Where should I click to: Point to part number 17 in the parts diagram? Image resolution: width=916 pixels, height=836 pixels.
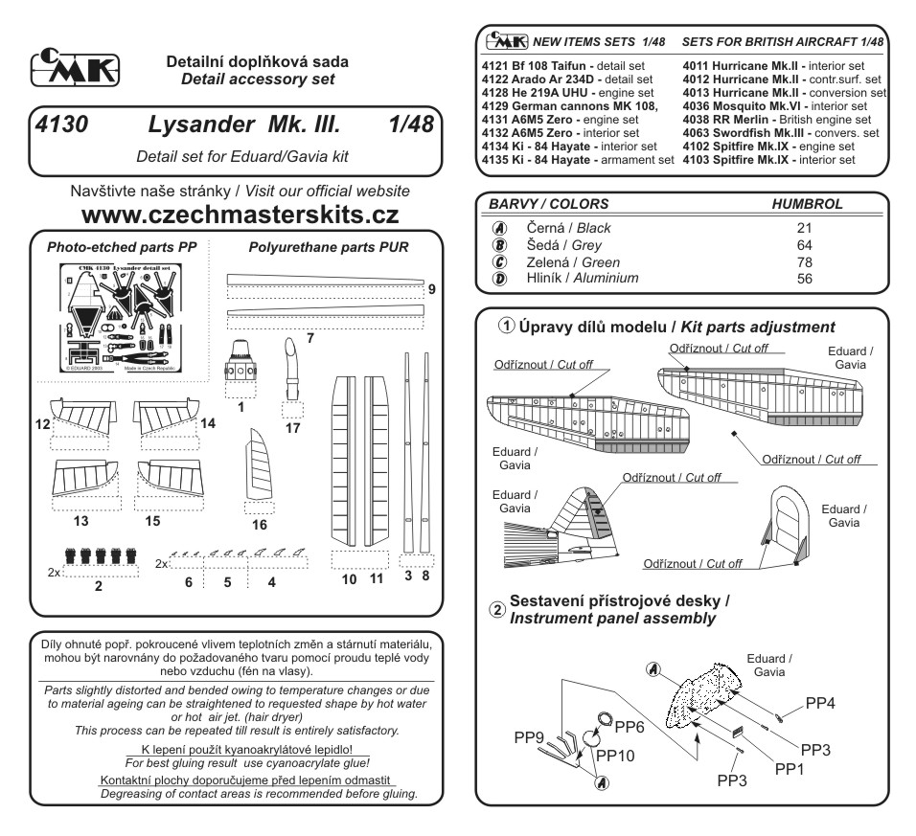[292, 428]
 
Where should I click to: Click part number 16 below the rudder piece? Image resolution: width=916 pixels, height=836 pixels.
[260, 525]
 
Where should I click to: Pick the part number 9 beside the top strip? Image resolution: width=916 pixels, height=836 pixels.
[432, 288]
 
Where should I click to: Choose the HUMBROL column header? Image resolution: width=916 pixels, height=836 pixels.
[807, 205]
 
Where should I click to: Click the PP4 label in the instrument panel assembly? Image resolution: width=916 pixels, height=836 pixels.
[821, 703]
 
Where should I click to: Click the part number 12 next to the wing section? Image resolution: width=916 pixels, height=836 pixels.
[44, 422]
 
